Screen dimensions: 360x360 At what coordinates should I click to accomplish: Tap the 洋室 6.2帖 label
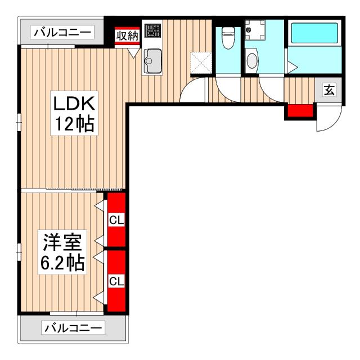61,253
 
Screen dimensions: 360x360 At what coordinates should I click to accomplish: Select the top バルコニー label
62,33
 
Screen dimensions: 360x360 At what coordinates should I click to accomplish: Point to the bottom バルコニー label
74,327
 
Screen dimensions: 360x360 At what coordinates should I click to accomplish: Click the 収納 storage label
127,35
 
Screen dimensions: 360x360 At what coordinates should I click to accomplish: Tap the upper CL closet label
116,219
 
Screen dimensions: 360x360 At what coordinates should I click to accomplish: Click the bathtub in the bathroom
313,34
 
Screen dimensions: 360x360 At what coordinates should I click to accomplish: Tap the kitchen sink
152,59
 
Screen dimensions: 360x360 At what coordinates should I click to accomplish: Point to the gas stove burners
152,30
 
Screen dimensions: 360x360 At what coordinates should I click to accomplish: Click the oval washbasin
252,60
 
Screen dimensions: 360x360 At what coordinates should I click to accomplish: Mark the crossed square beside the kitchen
200,62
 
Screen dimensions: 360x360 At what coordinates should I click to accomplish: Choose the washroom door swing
270,90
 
